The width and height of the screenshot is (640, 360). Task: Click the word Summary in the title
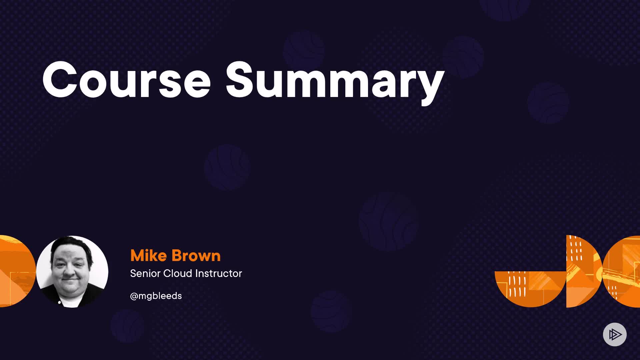tap(335, 83)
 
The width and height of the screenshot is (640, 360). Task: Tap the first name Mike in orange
tap(148, 256)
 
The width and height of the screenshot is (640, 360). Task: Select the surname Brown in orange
tap(196, 256)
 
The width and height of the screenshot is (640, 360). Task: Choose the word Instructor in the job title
tap(219, 273)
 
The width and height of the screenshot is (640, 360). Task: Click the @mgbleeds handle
tap(156, 296)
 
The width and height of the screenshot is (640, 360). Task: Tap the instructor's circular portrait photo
tap(72, 271)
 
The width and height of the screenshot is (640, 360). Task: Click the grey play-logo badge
tap(615, 334)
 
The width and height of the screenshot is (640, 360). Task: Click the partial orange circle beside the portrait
tap(17, 271)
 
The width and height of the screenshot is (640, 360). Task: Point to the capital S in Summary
tap(241, 80)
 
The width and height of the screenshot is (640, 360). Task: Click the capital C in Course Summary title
tap(59, 80)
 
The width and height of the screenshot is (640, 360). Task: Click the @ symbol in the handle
tap(134, 296)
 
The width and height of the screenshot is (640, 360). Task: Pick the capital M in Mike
tap(137, 256)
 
